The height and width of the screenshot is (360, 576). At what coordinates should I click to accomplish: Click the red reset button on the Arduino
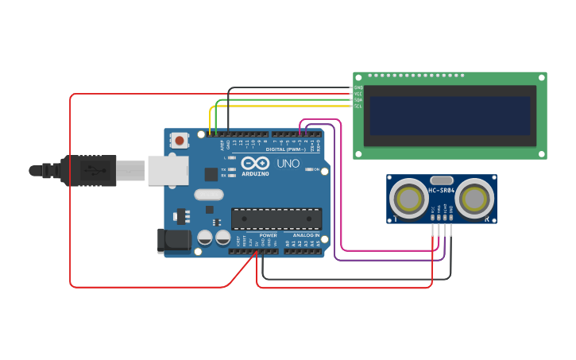pyautogui.click(x=180, y=141)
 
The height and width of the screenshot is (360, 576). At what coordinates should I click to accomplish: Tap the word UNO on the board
pyautogui.click(x=288, y=164)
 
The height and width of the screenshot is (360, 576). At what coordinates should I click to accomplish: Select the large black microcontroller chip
pyautogui.click(x=276, y=219)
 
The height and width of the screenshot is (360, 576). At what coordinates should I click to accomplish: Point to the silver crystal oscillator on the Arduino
pyautogui.click(x=209, y=195)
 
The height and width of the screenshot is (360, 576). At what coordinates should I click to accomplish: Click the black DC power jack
pyautogui.click(x=175, y=240)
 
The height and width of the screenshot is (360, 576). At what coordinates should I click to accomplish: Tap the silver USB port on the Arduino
pyautogui.click(x=168, y=171)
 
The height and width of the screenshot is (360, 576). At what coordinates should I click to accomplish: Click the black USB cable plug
pyautogui.click(x=89, y=171)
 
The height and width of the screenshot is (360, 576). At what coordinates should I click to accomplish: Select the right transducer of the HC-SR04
pyautogui.click(x=475, y=198)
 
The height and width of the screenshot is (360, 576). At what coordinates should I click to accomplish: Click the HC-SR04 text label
pyautogui.click(x=442, y=191)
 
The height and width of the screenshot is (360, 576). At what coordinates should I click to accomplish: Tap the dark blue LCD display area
pyautogui.click(x=450, y=116)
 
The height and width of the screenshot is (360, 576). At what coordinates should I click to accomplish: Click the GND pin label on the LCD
pyautogui.click(x=358, y=87)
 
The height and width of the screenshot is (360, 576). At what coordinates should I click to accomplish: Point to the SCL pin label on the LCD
pyautogui.click(x=358, y=106)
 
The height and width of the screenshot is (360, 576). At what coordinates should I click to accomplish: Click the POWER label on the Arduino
pyautogui.click(x=269, y=235)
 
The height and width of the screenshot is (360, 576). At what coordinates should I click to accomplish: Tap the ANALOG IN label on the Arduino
pyautogui.click(x=306, y=235)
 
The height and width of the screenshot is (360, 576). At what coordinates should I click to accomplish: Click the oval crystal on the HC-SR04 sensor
pyautogui.click(x=442, y=180)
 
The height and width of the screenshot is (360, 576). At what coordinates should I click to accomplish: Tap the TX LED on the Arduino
pyautogui.click(x=231, y=169)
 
